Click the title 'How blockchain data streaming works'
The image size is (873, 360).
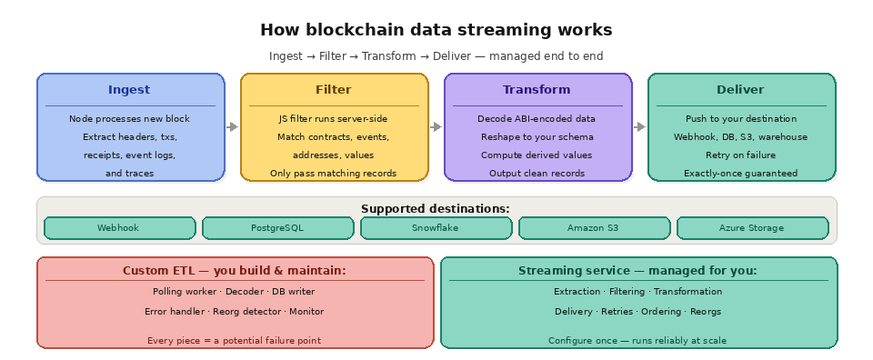[x=436, y=30]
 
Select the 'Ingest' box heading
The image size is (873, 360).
[x=129, y=90]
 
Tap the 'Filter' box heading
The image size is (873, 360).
[x=334, y=90]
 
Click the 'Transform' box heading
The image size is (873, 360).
[x=537, y=90]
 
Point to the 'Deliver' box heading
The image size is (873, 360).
[x=740, y=90]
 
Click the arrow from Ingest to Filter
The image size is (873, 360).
[x=233, y=127]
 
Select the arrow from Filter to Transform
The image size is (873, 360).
[x=436, y=127]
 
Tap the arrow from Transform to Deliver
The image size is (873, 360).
[x=640, y=127]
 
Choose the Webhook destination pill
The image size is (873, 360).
[x=119, y=228]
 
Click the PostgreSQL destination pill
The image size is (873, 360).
[x=277, y=228]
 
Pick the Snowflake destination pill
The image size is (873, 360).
[x=436, y=228]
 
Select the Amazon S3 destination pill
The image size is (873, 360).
[x=594, y=228]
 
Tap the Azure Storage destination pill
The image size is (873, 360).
[x=752, y=228]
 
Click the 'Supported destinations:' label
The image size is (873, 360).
[x=436, y=208]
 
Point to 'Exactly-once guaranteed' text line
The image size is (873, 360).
[x=740, y=173]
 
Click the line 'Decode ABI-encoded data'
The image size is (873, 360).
[x=537, y=118]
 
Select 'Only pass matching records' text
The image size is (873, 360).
[x=334, y=173]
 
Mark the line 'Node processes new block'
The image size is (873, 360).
[x=129, y=118]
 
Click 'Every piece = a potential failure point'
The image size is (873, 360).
[x=234, y=340]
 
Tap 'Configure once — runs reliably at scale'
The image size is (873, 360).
[x=637, y=340]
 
